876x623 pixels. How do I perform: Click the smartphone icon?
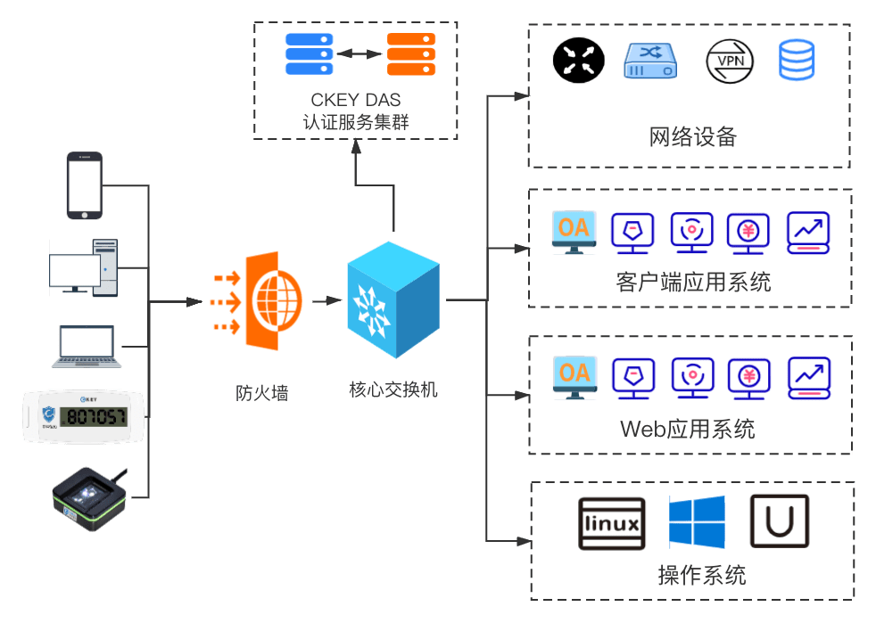[85, 185]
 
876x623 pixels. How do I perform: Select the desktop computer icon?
[83, 266]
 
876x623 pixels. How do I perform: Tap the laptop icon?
[86, 347]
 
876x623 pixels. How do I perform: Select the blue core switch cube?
[393, 299]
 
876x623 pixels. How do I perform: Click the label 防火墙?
[261, 392]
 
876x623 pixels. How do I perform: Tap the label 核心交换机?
[393, 389]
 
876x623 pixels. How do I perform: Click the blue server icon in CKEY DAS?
[309, 54]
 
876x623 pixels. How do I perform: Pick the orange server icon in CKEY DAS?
[410, 54]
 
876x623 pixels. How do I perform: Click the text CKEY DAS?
[356, 99]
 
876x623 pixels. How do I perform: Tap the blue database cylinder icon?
[797, 61]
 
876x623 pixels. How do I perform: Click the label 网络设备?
[692, 137]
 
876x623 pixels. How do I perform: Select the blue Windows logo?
[697, 522]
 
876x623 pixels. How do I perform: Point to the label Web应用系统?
[687, 429]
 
